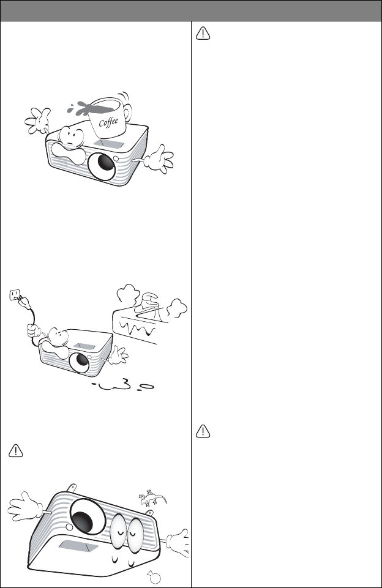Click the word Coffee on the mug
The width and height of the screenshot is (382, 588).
[108, 122]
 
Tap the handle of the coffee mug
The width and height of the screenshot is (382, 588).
[128, 112]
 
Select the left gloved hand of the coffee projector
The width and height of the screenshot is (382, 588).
[37, 120]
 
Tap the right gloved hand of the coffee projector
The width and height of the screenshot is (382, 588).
[159, 159]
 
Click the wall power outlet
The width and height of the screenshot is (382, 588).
[14, 294]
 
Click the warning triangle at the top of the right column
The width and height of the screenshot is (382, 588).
[203, 34]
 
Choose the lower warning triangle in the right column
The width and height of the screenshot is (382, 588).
[203, 431]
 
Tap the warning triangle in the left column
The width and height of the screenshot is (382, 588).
[16, 450]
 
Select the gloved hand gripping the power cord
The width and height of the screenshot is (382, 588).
[34, 332]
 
